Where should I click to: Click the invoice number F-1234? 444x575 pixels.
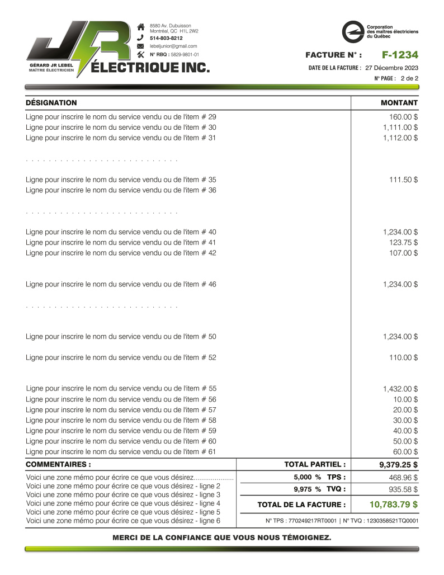[400, 55]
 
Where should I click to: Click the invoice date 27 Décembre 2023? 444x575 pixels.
[391, 68]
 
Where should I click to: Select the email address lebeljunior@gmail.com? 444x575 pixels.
[173, 46]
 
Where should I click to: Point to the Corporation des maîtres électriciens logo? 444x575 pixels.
[353, 31]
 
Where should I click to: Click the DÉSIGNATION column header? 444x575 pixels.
[51, 103]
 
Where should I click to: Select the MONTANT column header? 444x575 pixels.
[399, 103]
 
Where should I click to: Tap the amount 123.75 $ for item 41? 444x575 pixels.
[404, 242]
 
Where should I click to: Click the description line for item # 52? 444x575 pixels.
[121, 357]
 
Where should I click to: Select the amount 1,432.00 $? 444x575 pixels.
[400, 389]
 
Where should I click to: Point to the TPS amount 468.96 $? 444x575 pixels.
[404, 478]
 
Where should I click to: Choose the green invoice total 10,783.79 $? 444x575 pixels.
[394, 505]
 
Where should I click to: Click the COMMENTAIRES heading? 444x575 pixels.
[58, 464]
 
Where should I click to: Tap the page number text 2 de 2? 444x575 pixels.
[409, 79]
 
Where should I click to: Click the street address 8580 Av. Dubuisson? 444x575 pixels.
[170, 26]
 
